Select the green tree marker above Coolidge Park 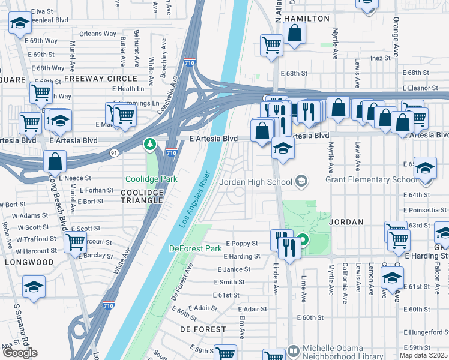pos(149,144)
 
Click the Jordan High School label pos(256,181)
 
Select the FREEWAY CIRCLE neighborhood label pos(101,79)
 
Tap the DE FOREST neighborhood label pos(203,329)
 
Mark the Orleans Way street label pos(98,34)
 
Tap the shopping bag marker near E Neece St pos(55,161)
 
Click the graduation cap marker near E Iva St pos(20,23)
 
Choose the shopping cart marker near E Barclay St pos(76,242)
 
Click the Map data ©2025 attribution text pos(423,355)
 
